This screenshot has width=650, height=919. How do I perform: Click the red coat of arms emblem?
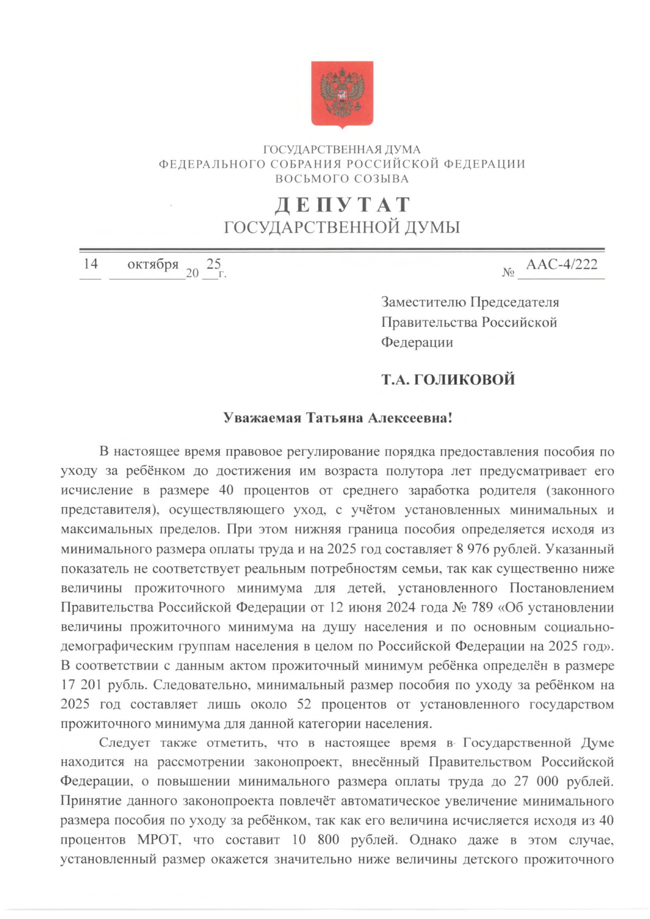coord(341,94)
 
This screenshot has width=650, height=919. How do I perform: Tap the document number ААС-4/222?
coord(561,264)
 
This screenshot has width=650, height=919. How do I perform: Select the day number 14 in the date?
coord(91,263)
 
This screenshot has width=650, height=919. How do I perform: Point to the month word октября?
coord(153,264)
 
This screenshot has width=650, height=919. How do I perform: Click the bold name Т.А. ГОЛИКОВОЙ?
coord(448,380)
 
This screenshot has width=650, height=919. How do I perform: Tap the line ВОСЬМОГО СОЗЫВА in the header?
coord(342,179)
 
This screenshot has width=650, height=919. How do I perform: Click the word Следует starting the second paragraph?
coord(125,743)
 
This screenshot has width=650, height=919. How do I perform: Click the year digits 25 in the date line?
coord(214,263)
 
